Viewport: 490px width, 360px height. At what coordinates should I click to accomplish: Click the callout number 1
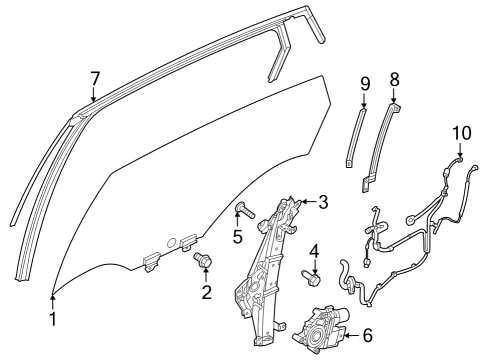[x=53, y=320]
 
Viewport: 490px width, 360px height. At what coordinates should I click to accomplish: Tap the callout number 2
[x=206, y=292]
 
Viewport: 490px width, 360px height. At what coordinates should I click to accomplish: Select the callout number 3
[x=322, y=203]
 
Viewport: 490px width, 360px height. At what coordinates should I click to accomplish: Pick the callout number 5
[x=237, y=236]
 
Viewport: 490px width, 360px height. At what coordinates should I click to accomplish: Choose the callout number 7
[x=94, y=77]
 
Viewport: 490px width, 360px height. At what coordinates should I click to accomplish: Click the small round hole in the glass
[x=170, y=243]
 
